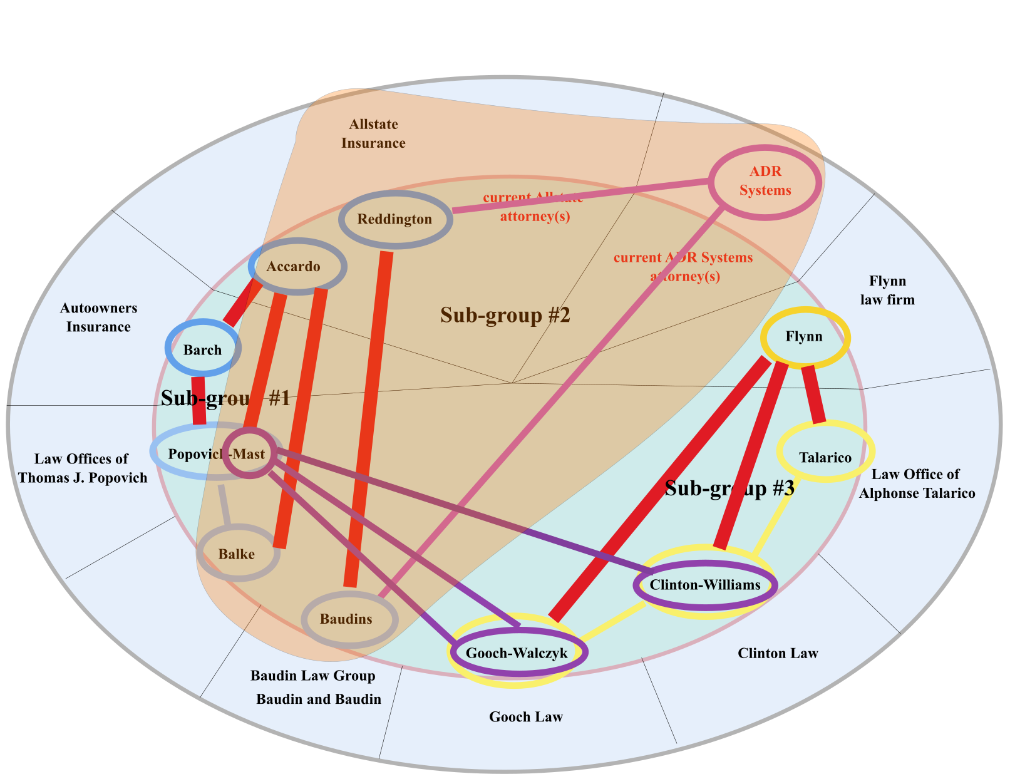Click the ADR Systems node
point(765,182)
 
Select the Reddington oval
point(395,219)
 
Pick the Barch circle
point(202,349)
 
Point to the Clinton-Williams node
point(706,585)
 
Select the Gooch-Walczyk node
point(517,652)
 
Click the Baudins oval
point(349,619)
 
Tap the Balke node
point(237,554)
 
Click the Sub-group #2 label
point(505,315)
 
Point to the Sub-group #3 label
point(729,488)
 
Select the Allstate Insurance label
point(373,133)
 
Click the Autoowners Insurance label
point(98,317)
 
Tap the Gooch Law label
point(526,717)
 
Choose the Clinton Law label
point(778,654)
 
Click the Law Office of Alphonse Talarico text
point(917,483)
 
